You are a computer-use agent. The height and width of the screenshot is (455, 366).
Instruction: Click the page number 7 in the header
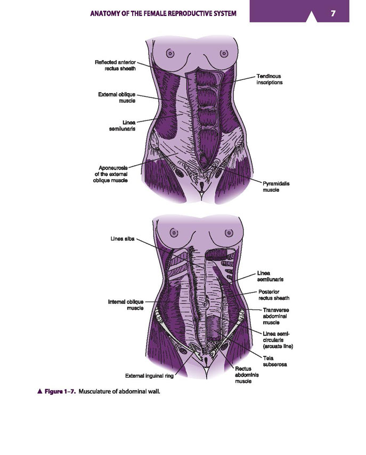pyautogui.click(x=333, y=13)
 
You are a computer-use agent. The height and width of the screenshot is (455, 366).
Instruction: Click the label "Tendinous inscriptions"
pyautogui.click(x=269, y=79)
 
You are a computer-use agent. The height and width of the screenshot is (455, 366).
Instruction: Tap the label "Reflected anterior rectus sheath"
pyautogui.click(x=115, y=66)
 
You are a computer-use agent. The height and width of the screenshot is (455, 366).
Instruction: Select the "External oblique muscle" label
pyautogui.click(x=117, y=97)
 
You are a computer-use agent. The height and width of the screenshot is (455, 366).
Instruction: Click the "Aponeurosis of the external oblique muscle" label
pyautogui.click(x=110, y=174)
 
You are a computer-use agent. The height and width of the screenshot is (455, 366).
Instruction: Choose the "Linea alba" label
pyautogui.click(x=122, y=239)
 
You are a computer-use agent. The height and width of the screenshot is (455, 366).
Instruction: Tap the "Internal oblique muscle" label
pyautogui.click(x=126, y=305)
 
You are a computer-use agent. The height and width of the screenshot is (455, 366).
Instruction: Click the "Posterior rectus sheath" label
pyautogui.click(x=274, y=295)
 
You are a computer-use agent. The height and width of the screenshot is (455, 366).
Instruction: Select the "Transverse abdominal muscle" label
pyautogui.click(x=276, y=316)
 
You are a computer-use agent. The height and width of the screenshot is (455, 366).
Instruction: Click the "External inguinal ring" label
pyautogui.click(x=149, y=376)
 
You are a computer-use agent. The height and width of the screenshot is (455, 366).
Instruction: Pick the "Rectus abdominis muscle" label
pyautogui.click(x=247, y=375)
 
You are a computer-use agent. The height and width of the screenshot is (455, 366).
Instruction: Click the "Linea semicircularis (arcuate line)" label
pyautogui.click(x=278, y=340)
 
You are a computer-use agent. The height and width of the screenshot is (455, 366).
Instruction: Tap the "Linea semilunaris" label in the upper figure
pyautogui.click(x=122, y=126)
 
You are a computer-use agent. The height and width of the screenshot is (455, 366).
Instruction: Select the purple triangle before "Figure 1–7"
pyautogui.click(x=40, y=392)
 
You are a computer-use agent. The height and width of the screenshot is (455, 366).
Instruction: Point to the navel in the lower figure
pyautogui.click(x=205, y=304)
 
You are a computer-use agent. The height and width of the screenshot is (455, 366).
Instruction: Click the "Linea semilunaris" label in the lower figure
pyautogui.click(x=270, y=276)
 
